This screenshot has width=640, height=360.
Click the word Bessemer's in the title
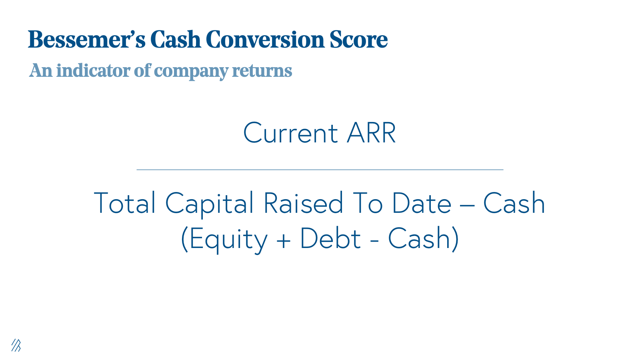click(86, 39)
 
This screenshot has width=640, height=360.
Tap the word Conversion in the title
click(265, 39)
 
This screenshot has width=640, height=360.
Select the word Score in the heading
click(358, 39)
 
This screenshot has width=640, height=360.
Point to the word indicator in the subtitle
click(93, 70)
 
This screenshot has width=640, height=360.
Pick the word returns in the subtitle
click(262, 71)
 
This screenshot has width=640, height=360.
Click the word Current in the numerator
click(290, 133)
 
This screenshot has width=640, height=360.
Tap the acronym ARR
click(371, 132)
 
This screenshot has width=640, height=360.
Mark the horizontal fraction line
click(320, 170)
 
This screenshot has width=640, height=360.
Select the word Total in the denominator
click(124, 202)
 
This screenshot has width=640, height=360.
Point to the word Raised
click(303, 202)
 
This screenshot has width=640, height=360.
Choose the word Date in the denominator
click(422, 202)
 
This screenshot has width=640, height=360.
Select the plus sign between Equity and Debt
click(284, 240)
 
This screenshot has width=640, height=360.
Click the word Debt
click(330, 238)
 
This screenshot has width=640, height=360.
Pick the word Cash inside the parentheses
click(419, 238)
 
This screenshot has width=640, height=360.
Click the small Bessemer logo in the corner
click(16, 345)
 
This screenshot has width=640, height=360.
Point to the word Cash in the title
click(176, 39)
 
